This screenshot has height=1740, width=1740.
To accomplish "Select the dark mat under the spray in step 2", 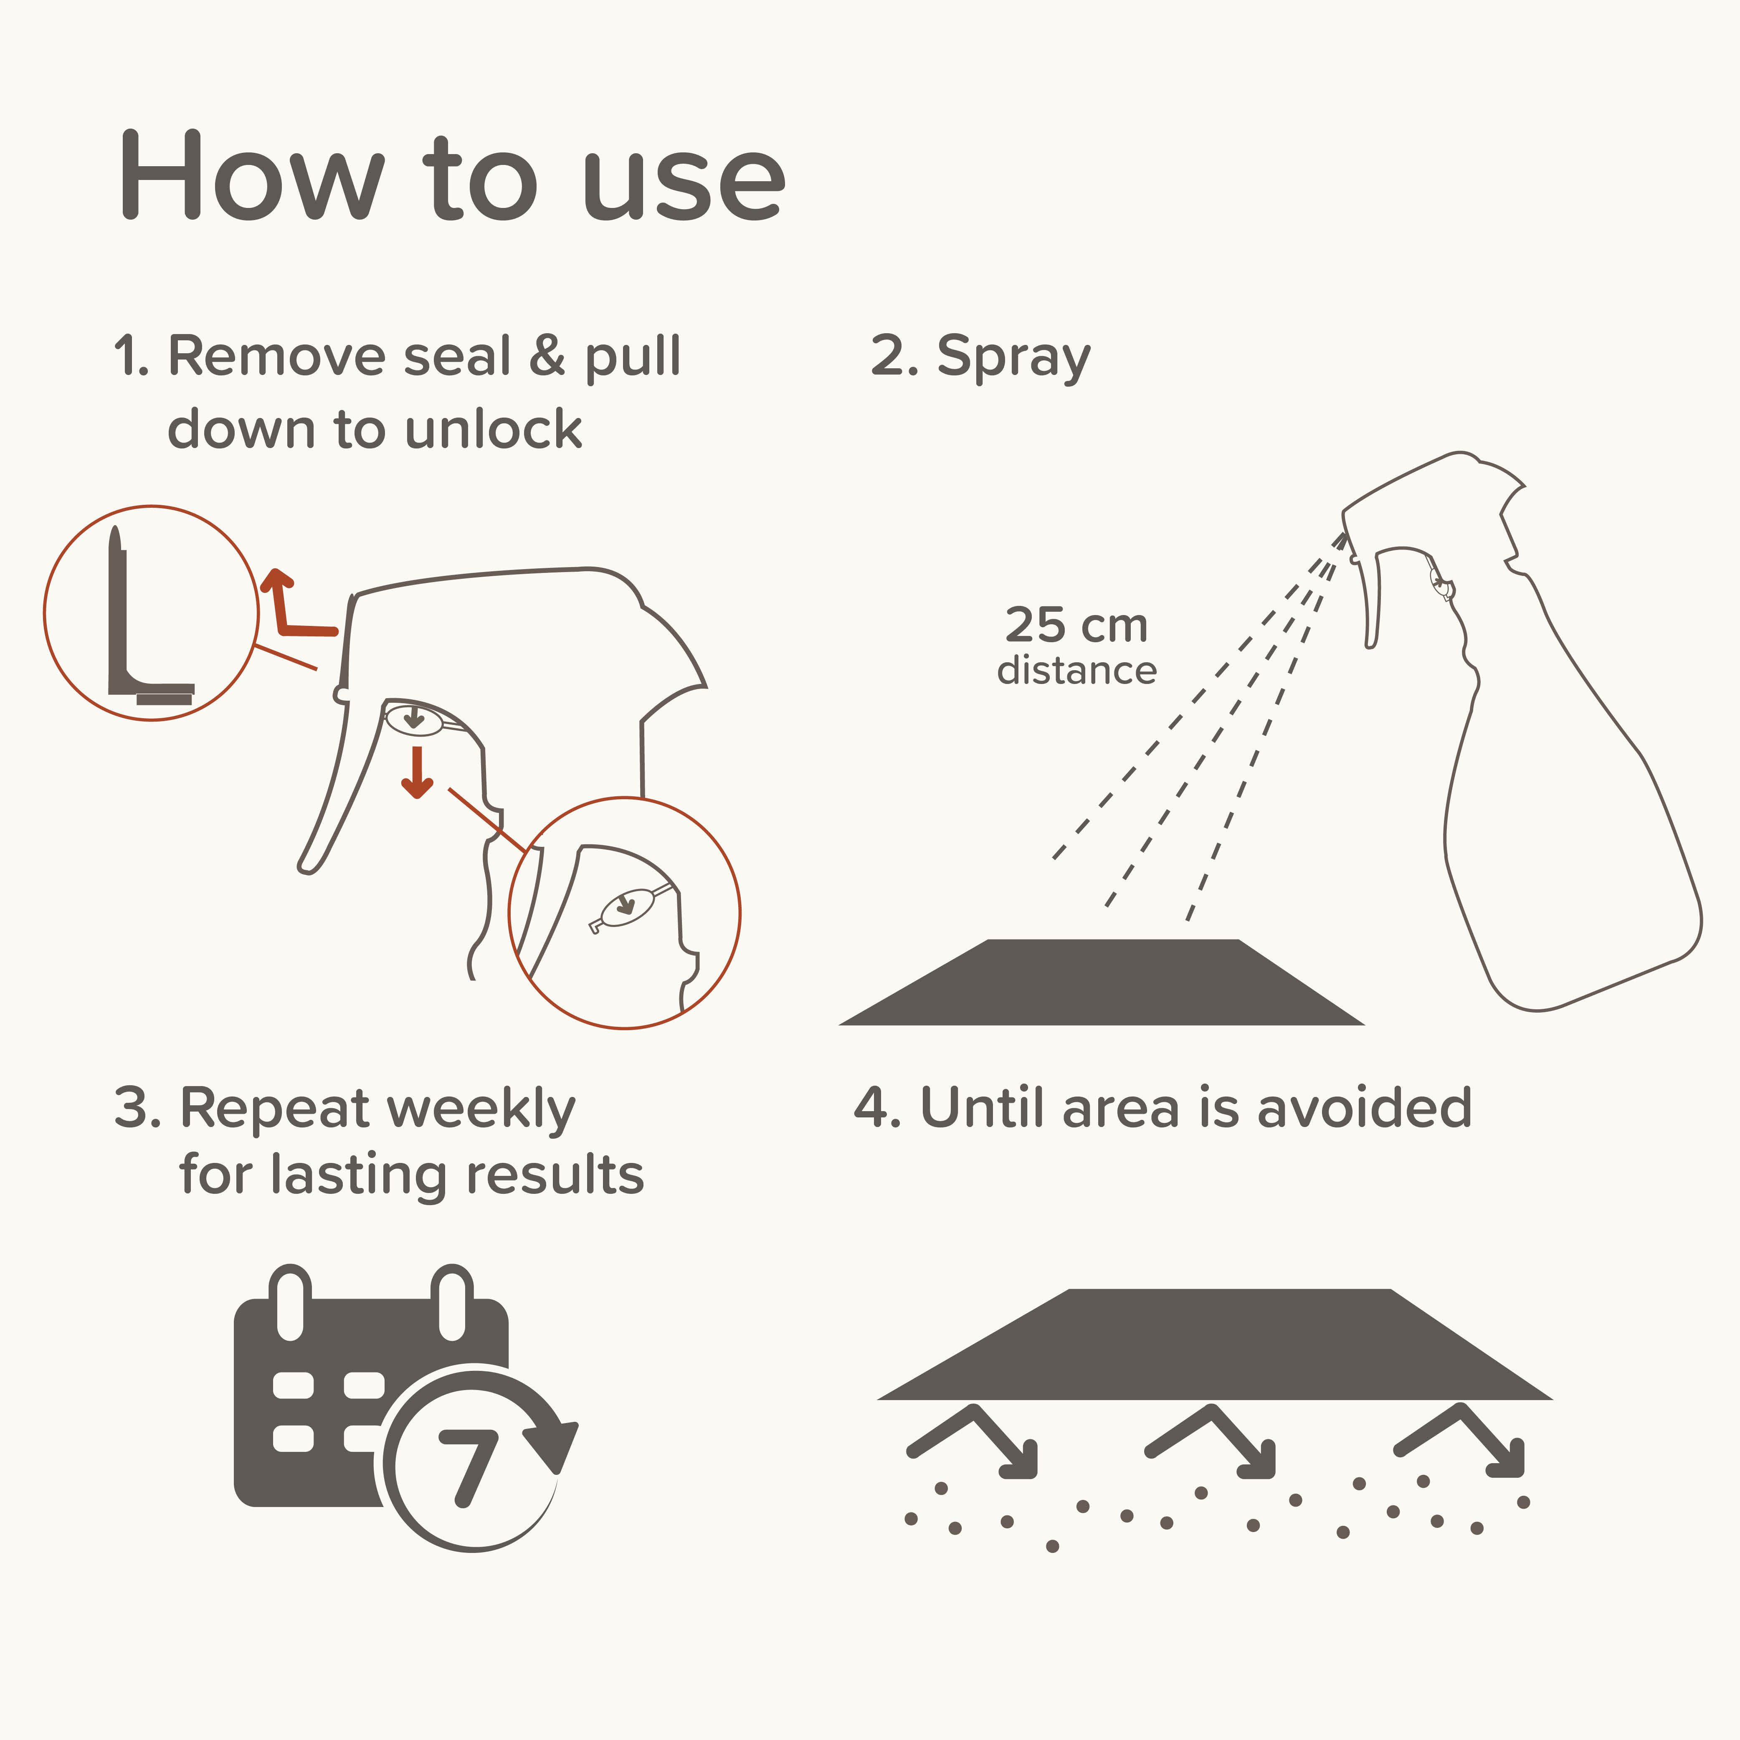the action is pos(1101,982).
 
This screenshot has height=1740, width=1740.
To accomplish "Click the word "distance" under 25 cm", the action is pos(1076,671).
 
